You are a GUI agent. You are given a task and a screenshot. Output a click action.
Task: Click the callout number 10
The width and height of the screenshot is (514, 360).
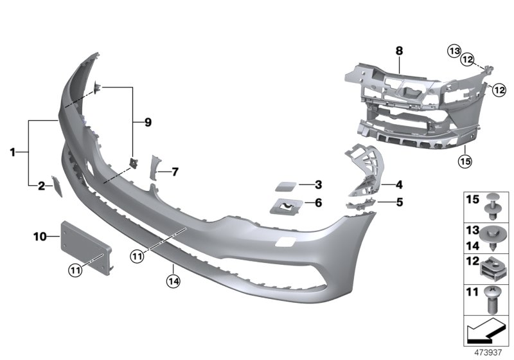40,237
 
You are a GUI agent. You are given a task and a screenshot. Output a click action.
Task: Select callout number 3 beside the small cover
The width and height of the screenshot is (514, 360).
318,185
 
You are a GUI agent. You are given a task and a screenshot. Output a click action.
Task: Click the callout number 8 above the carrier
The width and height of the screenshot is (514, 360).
399,50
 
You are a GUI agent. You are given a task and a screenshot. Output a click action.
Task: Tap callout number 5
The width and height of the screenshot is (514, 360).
399,201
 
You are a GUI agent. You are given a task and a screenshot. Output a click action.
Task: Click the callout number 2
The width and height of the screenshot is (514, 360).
41,186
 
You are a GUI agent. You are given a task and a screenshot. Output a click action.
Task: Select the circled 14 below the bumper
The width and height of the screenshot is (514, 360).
172,280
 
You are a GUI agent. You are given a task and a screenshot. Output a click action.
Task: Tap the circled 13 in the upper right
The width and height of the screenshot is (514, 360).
454,51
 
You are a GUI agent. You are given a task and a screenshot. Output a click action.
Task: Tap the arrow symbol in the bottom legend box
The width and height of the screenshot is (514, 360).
483,332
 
